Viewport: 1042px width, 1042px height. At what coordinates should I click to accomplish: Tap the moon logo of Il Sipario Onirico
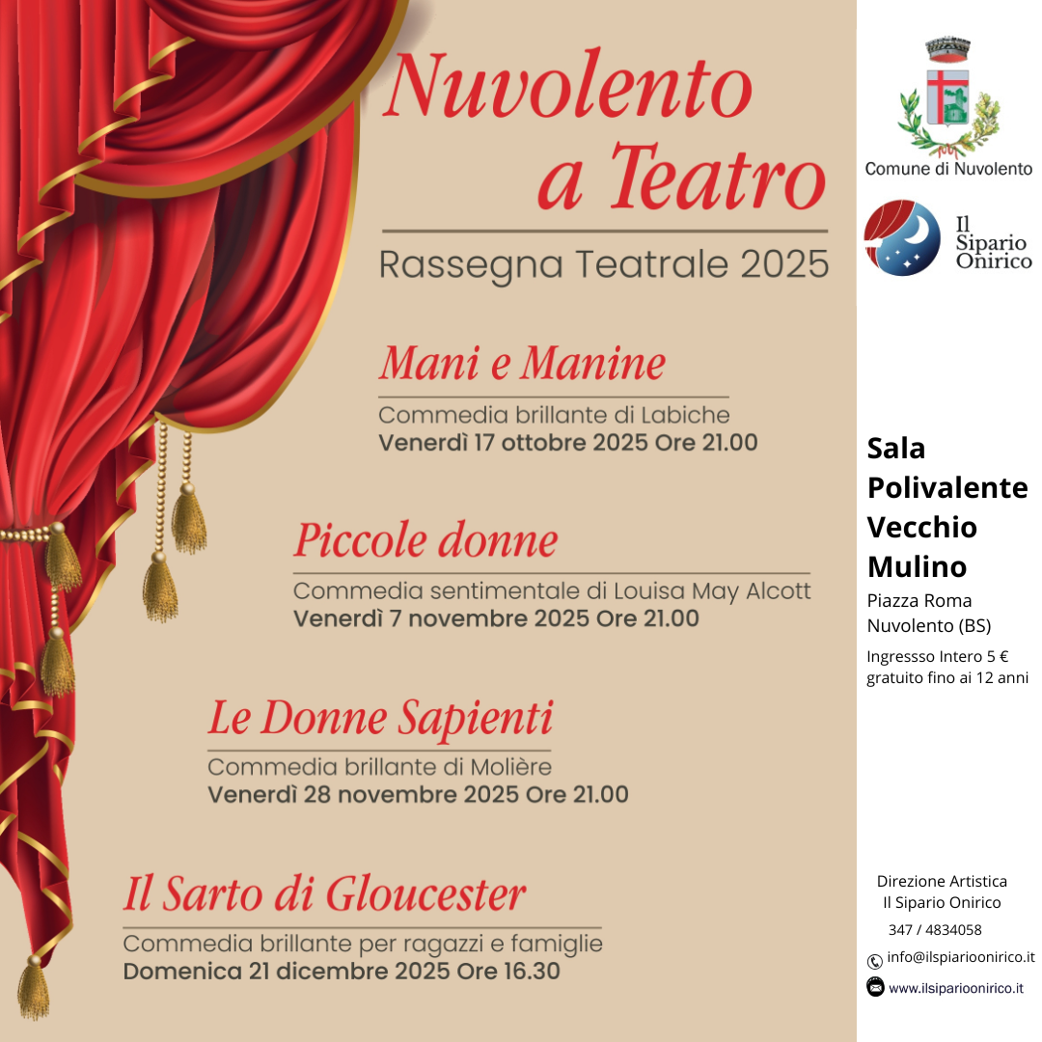point(901,238)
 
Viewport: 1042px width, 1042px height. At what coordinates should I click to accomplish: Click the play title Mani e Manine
point(522,364)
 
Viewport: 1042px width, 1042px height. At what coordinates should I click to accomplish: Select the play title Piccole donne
point(425,540)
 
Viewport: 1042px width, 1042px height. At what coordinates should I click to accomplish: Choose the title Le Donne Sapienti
point(380,718)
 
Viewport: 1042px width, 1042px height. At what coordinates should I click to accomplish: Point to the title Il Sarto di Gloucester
point(324,894)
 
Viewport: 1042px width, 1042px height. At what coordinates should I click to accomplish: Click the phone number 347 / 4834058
point(935,930)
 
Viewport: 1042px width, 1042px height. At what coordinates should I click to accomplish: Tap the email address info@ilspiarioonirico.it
point(961,958)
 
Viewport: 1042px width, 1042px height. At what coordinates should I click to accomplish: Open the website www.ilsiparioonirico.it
point(956,988)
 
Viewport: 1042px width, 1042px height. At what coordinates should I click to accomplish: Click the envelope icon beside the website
point(875,987)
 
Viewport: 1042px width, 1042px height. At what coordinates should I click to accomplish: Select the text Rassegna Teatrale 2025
point(604,263)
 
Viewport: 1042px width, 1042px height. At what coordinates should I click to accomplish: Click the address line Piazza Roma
point(919,601)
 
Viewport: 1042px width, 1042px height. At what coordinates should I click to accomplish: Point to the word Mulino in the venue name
point(917,565)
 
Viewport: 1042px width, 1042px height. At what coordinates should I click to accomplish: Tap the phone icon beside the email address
point(875,960)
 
